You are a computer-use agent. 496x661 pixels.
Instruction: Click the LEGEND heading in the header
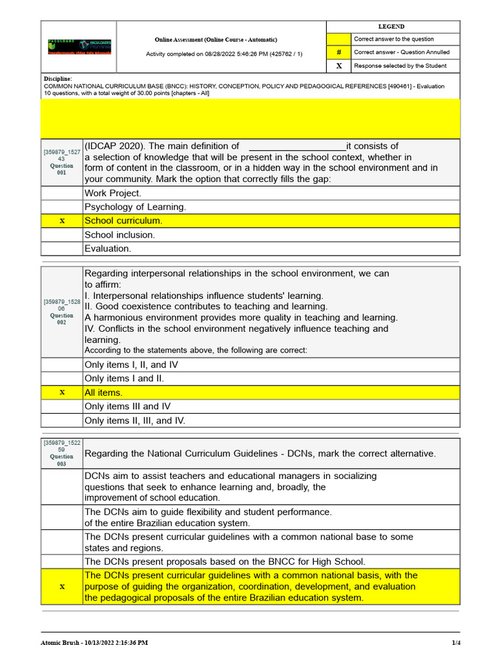tap(391, 26)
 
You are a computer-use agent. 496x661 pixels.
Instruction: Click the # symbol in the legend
tap(339, 52)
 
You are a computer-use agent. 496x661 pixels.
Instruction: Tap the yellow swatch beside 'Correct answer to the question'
tap(339, 39)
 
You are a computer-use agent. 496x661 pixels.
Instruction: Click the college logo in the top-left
tap(79, 46)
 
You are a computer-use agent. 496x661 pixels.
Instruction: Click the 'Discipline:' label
tap(58, 79)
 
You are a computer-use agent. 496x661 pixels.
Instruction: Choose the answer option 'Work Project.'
tap(112, 193)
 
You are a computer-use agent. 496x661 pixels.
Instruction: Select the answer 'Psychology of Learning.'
tap(135, 207)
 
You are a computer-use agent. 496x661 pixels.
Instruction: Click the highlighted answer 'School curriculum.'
tap(123, 221)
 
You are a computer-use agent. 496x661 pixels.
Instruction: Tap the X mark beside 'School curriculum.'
tap(62, 221)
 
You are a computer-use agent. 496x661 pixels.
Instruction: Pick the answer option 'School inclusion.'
tap(119, 235)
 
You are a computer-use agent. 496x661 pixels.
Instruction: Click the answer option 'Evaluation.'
tap(107, 249)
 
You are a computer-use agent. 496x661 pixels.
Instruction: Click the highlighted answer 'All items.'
tap(103, 392)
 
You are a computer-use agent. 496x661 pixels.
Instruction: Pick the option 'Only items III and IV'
tap(127, 406)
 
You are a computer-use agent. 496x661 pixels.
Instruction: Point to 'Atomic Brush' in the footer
tap(62, 643)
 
